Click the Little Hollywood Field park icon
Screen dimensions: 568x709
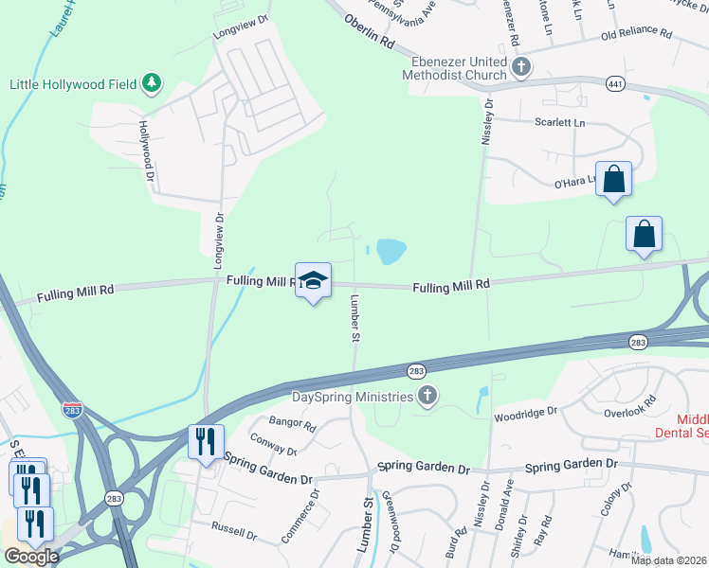tap(151, 84)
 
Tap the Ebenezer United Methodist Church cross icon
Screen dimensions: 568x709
tap(521, 67)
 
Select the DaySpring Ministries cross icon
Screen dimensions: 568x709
tap(427, 397)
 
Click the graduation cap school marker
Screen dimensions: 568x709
tap(314, 279)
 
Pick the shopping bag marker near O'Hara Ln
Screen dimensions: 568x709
tap(613, 179)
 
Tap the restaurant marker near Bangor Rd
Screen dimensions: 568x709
tap(206, 440)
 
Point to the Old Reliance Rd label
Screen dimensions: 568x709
tap(636, 35)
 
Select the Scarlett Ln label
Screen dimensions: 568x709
tap(559, 123)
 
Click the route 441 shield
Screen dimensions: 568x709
tap(616, 83)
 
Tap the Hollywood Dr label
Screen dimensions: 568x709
tap(146, 150)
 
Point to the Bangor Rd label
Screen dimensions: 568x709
tap(291, 423)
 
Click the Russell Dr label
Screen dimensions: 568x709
tap(235, 530)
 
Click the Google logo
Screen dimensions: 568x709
tap(31, 557)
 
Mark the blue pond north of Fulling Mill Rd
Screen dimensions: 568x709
tap(391, 251)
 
